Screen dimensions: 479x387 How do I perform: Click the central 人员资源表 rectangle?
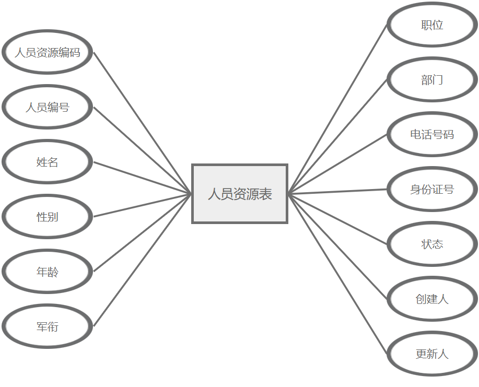coord(240,194)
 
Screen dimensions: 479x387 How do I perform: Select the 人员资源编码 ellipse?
coord(47,52)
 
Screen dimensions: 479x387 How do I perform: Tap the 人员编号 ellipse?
coord(47,107)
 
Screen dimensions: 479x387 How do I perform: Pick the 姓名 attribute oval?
coord(47,162)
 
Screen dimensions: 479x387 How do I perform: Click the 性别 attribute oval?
coord(47,217)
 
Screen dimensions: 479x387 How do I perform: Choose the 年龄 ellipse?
coord(47,272)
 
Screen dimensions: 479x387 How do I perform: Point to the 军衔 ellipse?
coord(47,326)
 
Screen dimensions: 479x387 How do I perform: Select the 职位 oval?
coord(432,25)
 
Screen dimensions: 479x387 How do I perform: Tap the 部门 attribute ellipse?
coord(432,79)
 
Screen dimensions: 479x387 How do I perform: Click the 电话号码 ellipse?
coord(432,134)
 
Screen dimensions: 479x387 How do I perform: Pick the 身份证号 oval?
coord(432,189)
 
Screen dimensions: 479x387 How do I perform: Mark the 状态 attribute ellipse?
coord(432,244)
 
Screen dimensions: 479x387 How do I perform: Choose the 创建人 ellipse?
coord(432,299)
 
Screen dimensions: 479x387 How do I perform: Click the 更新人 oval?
coord(432,354)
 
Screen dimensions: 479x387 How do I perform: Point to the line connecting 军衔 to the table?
coord(143,260)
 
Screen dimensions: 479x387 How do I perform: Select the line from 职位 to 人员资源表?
coord(338,109)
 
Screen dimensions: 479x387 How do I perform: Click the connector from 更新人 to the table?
coord(338,275)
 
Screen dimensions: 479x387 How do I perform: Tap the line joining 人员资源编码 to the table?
coord(143,123)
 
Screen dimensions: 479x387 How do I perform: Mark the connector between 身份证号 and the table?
coord(338,192)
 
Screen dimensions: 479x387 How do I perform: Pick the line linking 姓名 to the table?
coord(143,178)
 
